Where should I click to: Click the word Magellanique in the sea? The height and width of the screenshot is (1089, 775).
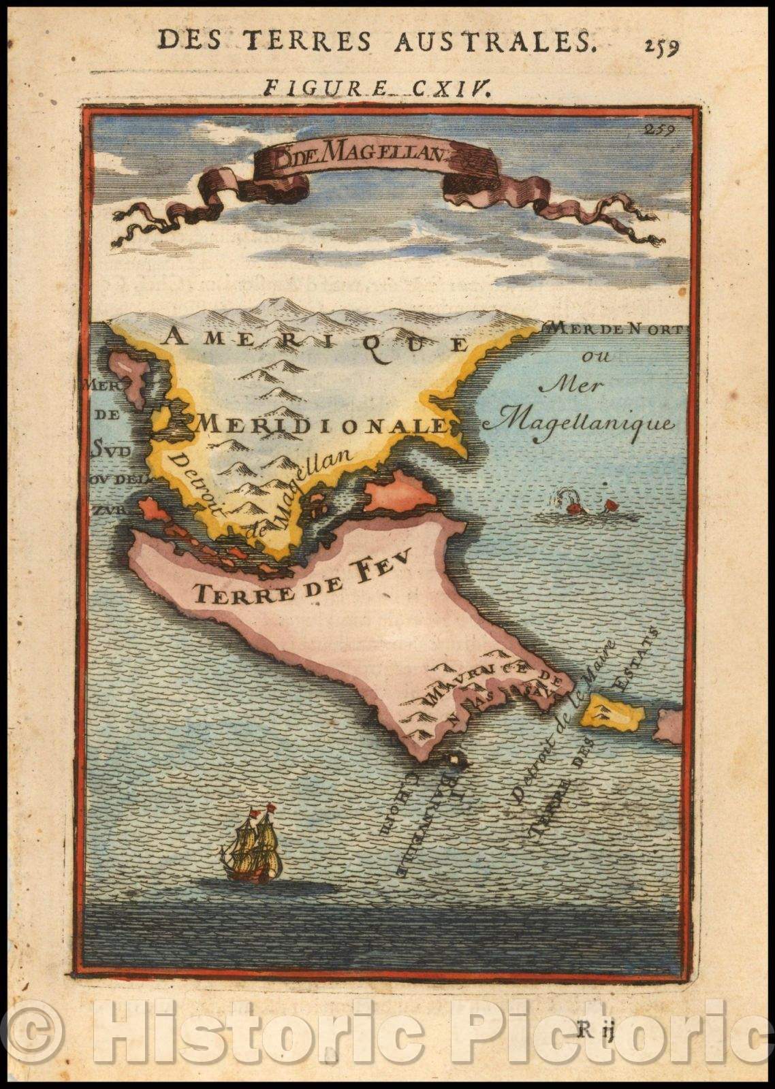586,423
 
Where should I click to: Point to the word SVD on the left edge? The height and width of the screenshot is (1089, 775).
105,448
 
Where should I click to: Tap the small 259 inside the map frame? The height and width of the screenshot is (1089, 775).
659,131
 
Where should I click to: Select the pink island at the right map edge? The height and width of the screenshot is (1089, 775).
669,726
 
